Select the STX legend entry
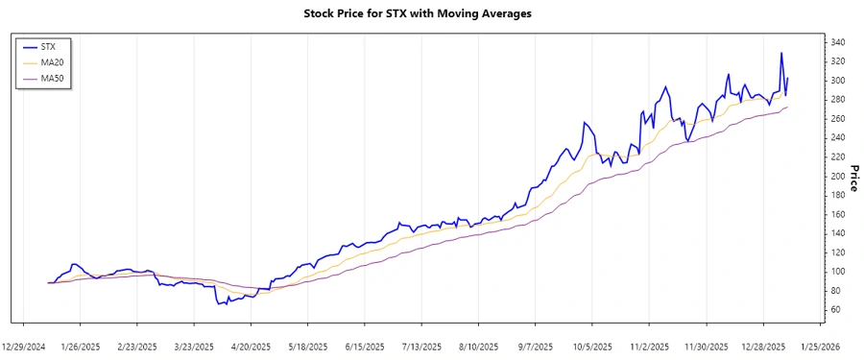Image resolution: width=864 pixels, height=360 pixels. tap(50, 45)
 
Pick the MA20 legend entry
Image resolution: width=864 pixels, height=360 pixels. tap(53, 61)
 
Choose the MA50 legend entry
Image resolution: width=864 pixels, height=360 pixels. tap(53, 78)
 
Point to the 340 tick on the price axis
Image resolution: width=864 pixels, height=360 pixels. tap(838, 42)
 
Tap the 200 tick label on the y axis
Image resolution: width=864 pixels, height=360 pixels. tap(838, 176)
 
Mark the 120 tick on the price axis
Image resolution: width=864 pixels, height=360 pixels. tap(838, 252)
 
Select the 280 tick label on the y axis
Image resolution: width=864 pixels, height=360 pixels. tap(838, 100)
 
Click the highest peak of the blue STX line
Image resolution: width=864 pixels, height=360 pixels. tap(781, 53)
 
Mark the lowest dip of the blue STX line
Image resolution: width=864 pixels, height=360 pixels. tap(218, 304)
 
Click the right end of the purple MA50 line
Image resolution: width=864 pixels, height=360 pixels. tap(788, 107)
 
